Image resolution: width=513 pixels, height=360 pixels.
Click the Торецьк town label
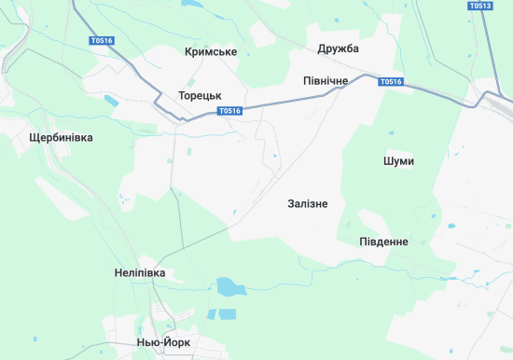(200, 95)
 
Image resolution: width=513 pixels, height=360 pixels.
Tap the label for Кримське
(211, 51)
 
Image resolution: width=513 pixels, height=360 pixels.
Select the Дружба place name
(338, 48)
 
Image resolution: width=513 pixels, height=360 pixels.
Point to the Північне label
(326, 81)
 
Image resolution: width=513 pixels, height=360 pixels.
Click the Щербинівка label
(62, 137)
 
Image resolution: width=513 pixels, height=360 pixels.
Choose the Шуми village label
(398, 161)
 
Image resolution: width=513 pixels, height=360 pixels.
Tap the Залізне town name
(308, 203)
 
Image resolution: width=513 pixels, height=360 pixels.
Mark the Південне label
(383, 242)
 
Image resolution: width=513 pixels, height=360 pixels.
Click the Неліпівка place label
(139, 272)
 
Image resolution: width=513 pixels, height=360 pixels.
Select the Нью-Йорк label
(163, 342)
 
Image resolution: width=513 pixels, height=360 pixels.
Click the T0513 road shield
(480, 6)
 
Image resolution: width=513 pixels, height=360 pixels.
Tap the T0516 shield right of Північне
(391, 82)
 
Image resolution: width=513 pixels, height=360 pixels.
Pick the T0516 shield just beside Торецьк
(229, 111)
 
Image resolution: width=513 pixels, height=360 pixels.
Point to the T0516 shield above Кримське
(102, 41)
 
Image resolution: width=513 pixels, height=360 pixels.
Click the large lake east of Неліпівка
(227, 286)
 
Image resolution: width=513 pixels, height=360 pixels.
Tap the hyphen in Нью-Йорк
(161, 342)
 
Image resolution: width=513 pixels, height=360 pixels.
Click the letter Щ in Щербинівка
(35, 137)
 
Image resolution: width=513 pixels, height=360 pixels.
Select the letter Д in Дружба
(322, 48)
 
